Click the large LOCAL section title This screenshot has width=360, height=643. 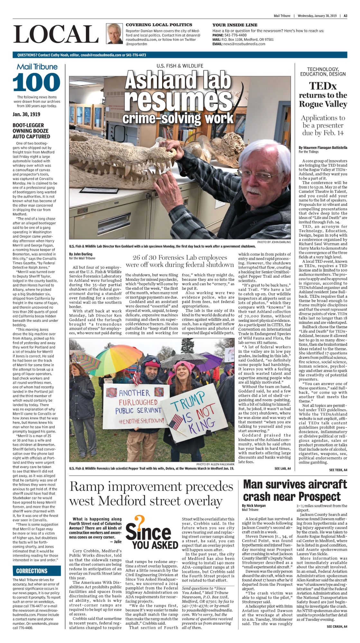pyautogui.click(x=56, y=34)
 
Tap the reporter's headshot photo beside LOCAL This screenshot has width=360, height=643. pyautogui.click(x=114, y=33)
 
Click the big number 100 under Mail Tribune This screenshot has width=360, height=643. pyautogui.click(x=36, y=82)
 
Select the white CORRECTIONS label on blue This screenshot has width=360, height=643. pyautogui.click(x=32, y=571)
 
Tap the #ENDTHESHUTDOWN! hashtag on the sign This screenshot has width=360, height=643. pyautogui.click(x=141, y=421)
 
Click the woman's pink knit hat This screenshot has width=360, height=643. pyautogui.click(x=184, y=366)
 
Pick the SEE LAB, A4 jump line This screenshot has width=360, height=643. pyautogui.click(x=282, y=468)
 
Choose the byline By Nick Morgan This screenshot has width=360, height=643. pyautogui.click(x=254, y=505)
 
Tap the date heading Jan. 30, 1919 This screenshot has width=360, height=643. pyautogui.click(x=26, y=114)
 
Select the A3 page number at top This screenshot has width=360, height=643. pyautogui.click(x=345, y=16)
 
